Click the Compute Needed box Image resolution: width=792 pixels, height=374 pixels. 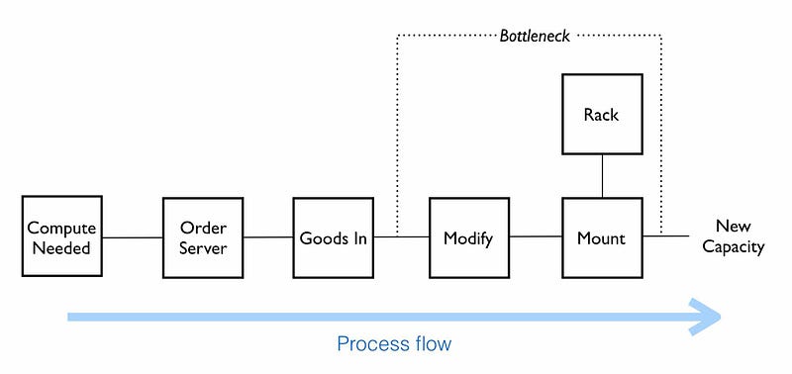pos(61,237)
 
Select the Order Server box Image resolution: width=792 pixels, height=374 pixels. pos(203,237)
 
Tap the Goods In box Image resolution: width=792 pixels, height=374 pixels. pos(334,237)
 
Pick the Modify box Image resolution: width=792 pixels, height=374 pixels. pos(468,237)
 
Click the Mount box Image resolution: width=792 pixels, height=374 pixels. pos(602,237)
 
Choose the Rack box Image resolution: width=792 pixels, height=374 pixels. pos(602,115)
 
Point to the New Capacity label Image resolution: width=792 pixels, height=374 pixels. pos(733,236)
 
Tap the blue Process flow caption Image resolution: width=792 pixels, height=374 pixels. pos(393,344)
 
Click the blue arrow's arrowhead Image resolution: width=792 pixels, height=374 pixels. pos(709,317)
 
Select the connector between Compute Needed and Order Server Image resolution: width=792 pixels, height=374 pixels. pos(133,237)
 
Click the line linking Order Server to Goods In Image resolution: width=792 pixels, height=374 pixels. pos(267,237)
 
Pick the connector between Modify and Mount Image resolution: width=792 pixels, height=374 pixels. pos(536,237)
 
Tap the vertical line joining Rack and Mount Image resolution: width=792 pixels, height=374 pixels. pos(602,176)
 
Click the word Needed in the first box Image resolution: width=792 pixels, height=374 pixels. pos(61,247)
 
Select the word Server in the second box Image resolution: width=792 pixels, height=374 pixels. pos(203,247)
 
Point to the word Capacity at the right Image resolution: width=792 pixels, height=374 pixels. pos(733,246)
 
